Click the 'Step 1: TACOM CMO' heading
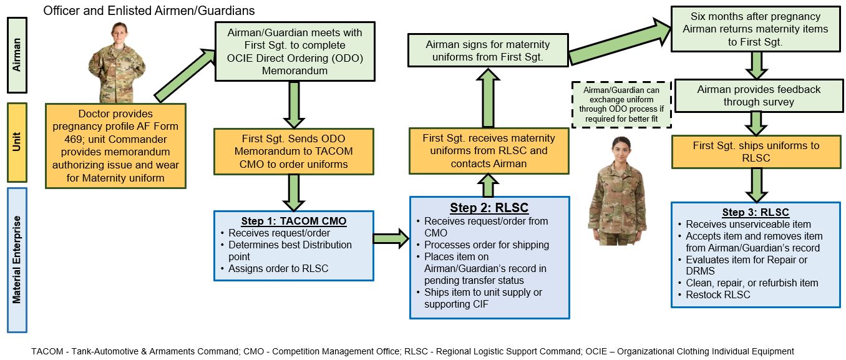(293, 221)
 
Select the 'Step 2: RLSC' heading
(489, 208)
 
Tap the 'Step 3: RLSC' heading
(756, 212)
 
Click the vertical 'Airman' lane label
(17, 55)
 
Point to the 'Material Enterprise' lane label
(17, 260)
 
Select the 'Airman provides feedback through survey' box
(758, 95)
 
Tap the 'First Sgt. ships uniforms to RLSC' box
(756, 152)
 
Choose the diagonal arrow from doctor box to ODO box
(183, 75)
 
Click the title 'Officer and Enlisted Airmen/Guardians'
(148, 11)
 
